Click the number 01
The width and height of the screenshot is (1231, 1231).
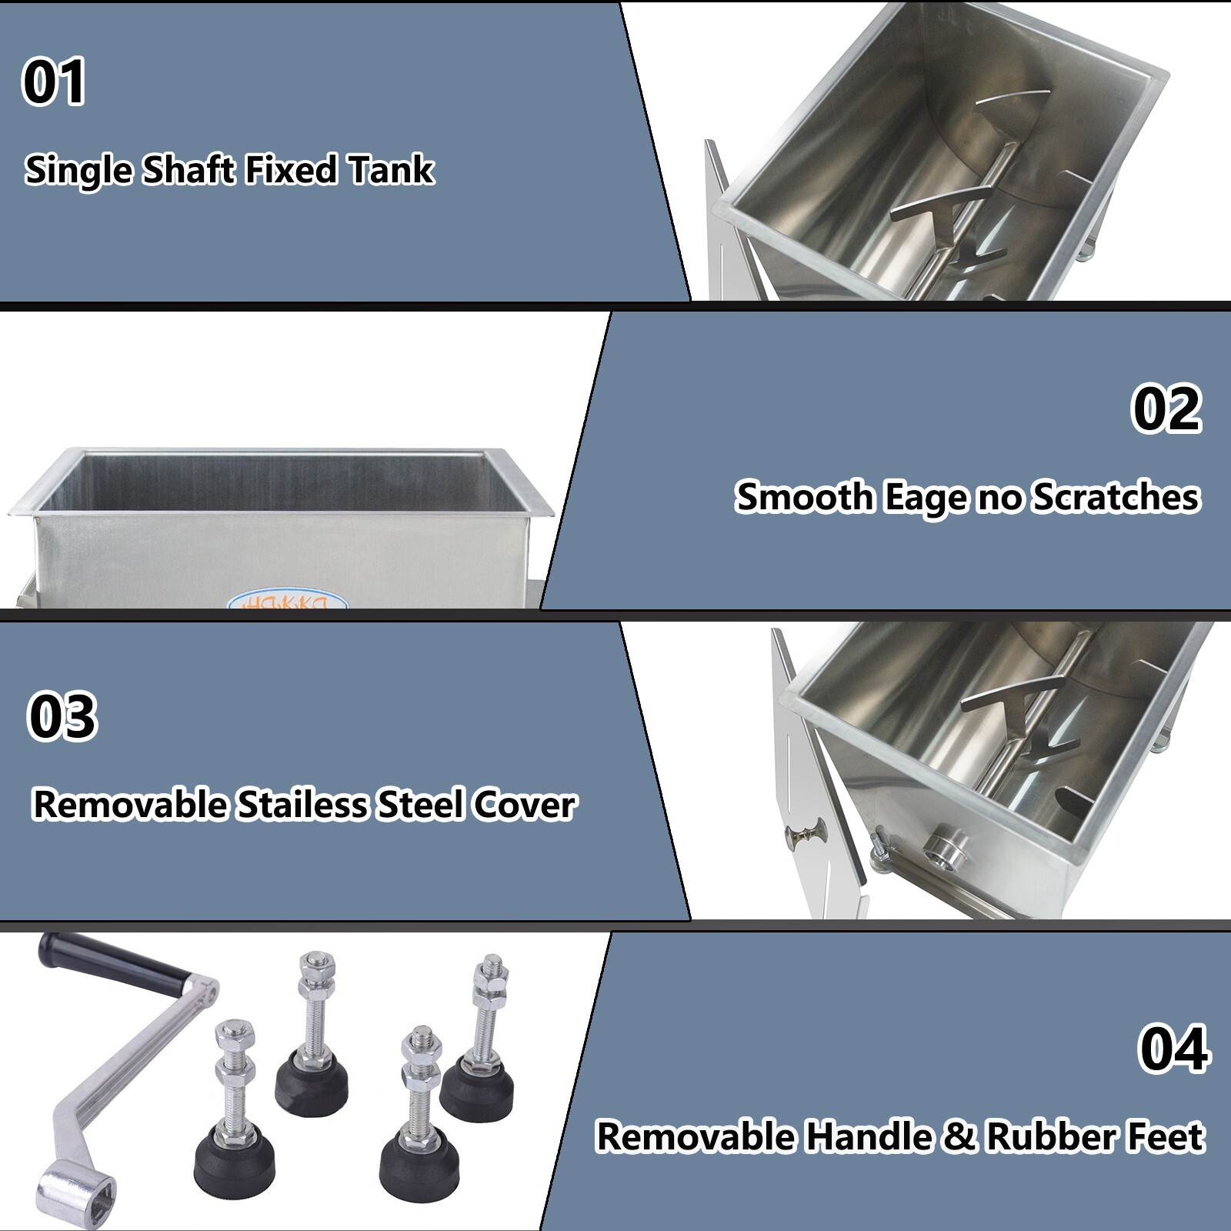click(x=54, y=82)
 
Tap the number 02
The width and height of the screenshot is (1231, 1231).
click(x=1166, y=409)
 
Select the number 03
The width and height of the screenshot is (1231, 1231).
click(x=62, y=717)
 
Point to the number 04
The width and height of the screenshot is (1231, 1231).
click(x=1173, y=1049)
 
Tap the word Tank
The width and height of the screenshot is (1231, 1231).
click(x=391, y=170)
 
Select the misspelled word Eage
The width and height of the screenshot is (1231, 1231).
click(x=926, y=498)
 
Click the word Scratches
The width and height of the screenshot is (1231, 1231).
click(x=1116, y=497)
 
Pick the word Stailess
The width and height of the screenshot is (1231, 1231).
click(x=302, y=806)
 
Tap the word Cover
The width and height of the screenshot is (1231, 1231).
click(x=524, y=806)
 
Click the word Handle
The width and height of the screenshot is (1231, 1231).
click(x=868, y=1137)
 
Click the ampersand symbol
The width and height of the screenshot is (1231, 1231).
click(x=959, y=1137)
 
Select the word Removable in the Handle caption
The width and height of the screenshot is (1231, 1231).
click(x=696, y=1137)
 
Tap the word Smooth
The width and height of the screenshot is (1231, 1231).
click(x=804, y=497)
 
